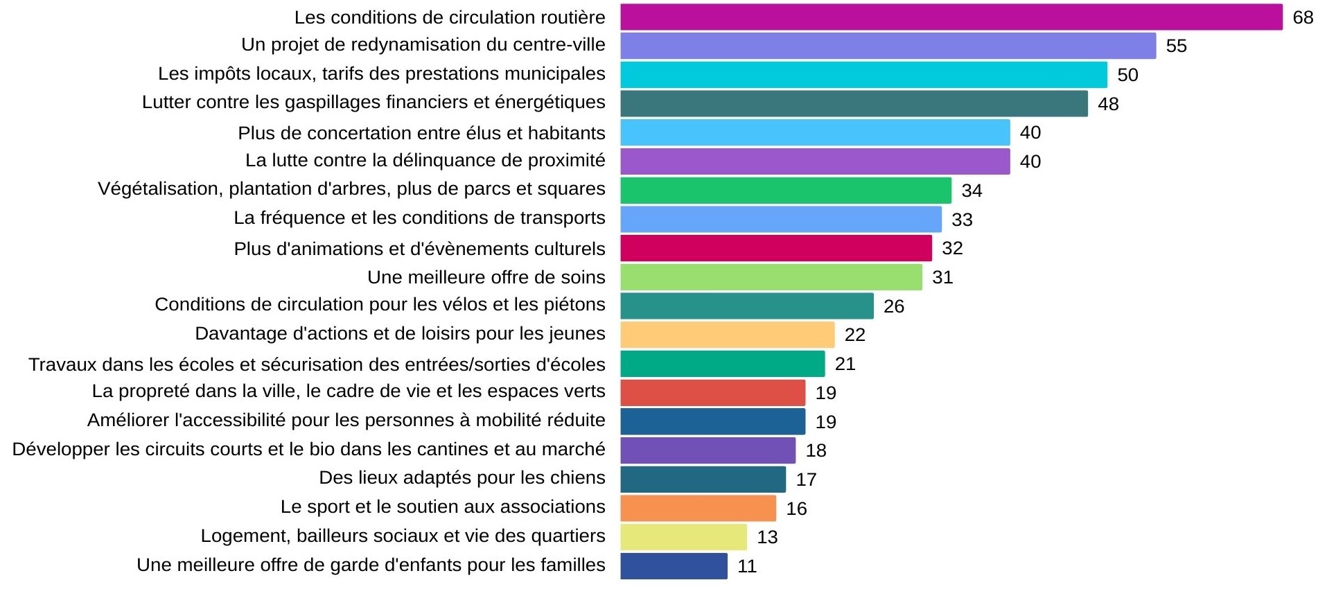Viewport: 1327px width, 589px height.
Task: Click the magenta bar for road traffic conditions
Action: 951,17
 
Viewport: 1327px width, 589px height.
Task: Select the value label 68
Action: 1303,17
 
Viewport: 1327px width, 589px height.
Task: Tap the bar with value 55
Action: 888,46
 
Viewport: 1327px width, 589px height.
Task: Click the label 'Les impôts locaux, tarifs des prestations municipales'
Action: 381,73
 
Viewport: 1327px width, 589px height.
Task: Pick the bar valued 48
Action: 854,104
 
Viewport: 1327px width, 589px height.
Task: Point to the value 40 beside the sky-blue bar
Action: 1030,132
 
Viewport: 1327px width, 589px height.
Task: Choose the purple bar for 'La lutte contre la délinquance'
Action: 815,161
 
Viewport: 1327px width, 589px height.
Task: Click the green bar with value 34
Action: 786,191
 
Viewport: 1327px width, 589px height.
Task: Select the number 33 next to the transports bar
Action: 962,220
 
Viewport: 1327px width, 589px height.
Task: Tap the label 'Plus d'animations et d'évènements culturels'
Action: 419,249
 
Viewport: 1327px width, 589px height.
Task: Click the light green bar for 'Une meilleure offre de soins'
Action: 771,277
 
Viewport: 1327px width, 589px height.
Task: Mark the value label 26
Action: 893,306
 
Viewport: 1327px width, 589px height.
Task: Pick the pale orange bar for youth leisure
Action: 727,335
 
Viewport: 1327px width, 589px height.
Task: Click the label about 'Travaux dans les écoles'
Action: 317,364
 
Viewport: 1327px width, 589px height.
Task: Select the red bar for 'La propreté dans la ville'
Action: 712,393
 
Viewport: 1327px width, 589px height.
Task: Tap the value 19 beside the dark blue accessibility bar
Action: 825,422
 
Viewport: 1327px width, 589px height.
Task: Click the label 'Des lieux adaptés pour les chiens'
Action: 462,477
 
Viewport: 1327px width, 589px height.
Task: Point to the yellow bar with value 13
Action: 683,537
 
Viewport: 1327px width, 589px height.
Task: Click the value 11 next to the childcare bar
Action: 746,566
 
